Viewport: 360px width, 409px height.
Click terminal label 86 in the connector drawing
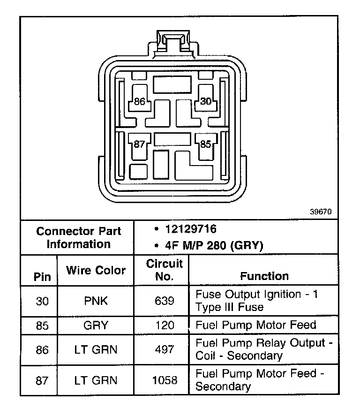click(x=139, y=101)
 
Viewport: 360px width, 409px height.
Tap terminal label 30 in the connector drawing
click(x=206, y=101)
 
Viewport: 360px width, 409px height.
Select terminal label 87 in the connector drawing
click(x=139, y=144)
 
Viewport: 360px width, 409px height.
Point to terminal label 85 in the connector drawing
click(x=206, y=144)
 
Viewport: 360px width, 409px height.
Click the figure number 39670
click(x=321, y=212)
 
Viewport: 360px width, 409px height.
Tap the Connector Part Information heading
click(x=78, y=237)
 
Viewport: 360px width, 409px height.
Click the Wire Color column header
click(x=96, y=270)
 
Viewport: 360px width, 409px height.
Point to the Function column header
click(x=264, y=276)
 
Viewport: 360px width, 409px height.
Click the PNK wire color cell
click(x=96, y=301)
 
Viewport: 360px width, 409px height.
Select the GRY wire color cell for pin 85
click(x=96, y=325)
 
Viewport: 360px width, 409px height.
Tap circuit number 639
click(x=164, y=301)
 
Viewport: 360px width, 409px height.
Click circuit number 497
click(x=164, y=349)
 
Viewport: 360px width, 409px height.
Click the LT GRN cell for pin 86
click(x=96, y=349)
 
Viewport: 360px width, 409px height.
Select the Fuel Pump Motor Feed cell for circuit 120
click(x=255, y=325)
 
